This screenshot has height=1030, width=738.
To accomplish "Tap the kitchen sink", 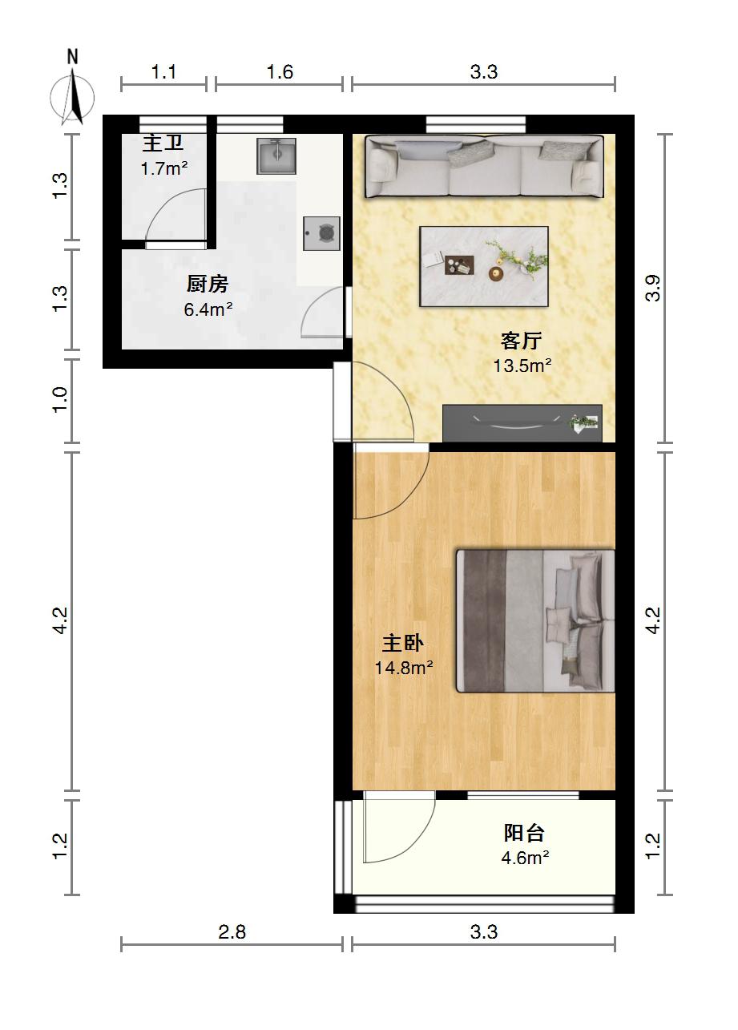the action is pyautogui.click(x=276, y=156).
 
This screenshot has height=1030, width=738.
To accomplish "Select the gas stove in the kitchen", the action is pyautogui.click(x=321, y=233).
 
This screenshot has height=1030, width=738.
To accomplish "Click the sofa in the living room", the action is pyautogui.click(x=484, y=166).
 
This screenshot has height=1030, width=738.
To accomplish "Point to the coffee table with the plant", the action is pyautogui.click(x=484, y=266).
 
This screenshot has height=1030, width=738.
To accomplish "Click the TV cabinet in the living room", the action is pyautogui.click(x=522, y=423).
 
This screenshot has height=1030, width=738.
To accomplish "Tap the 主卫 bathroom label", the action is pyautogui.click(x=163, y=143).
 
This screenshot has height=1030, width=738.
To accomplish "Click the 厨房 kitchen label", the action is pyautogui.click(x=208, y=284).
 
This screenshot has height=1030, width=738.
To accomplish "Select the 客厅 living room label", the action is pyautogui.click(x=521, y=341).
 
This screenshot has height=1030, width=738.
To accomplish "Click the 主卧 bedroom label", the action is pyautogui.click(x=403, y=643).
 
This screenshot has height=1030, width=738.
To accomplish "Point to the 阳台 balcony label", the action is pyautogui.click(x=524, y=833).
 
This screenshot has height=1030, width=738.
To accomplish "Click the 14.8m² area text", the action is pyautogui.click(x=404, y=667).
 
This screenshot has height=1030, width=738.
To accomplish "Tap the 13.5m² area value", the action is pyautogui.click(x=522, y=366).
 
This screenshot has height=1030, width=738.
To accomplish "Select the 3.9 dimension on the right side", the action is pyautogui.click(x=652, y=288).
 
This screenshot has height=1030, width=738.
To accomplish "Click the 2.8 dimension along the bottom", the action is pyautogui.click(x=232, y=931).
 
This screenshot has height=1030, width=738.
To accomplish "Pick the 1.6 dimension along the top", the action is pyautogui.click(x=280, y=71).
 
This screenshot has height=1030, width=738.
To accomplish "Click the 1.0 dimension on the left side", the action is pyautogui.click(x=60, y=400).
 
